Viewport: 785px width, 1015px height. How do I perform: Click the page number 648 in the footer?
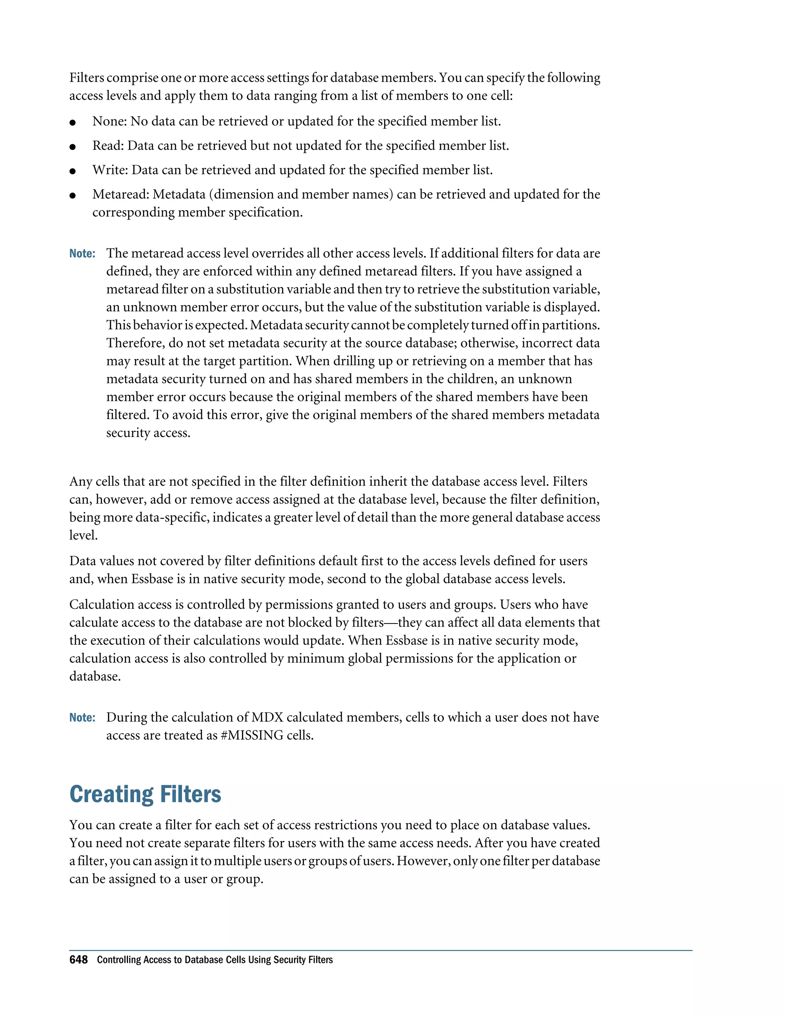78,960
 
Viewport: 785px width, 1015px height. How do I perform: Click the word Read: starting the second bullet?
108,146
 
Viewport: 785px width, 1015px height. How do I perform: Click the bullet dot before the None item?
72,123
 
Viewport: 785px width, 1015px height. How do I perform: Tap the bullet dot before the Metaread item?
72,196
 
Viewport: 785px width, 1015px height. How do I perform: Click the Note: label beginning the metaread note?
82,254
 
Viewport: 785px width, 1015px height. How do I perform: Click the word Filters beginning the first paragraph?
87,78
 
